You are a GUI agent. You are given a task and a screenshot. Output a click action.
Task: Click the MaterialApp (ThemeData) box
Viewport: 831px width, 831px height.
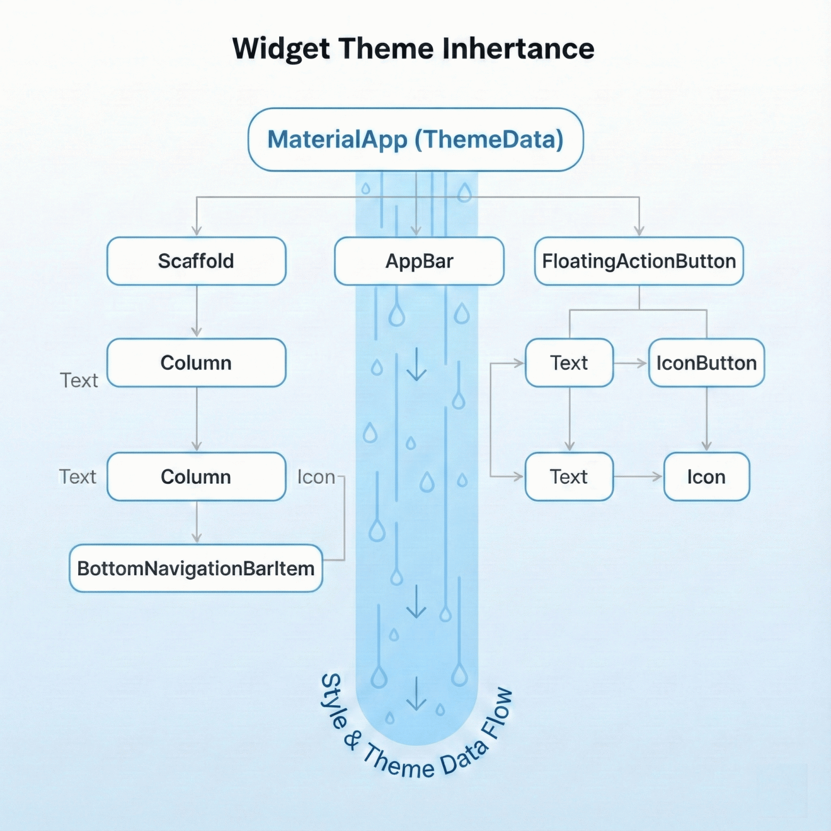(x=415, y=140)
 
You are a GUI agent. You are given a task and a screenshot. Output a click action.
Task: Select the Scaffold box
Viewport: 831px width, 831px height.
(x=196, y=261)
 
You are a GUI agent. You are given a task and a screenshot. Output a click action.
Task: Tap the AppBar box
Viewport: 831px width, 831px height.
(x=419, y=261)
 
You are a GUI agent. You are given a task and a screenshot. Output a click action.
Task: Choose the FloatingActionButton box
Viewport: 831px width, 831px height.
(x=639, y=261)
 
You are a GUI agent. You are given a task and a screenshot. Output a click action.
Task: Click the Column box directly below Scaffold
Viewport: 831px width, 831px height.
(x=196, y=363)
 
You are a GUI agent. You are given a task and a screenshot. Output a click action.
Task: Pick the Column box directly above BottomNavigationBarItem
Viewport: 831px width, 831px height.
(x=196, y=477)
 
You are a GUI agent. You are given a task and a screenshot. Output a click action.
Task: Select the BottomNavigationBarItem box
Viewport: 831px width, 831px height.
(x=196, y=568)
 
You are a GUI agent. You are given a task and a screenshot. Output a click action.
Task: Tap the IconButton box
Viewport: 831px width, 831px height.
(x=706, y=363)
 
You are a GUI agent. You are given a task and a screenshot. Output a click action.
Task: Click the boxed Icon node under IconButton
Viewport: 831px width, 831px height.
(x=706, y=477)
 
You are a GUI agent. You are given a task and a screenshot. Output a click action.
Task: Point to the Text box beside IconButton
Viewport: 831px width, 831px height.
(x=569, y=363)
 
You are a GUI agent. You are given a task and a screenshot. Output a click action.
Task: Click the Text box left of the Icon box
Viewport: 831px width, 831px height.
(x=569, y=477)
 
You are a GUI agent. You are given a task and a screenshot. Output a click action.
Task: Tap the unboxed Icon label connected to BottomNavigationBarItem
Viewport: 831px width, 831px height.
(x=316, y=477)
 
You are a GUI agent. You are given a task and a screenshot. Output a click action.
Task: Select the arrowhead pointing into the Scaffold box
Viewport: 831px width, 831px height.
(x=197, y=231)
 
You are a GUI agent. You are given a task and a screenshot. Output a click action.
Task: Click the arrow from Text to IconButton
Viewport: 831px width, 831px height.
(x=631, y=363)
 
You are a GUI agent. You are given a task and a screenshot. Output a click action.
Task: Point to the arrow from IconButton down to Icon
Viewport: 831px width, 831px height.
(x=707, y=421)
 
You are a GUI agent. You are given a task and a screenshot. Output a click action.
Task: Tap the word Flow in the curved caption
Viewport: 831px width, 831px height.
(x=497, y=714)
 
